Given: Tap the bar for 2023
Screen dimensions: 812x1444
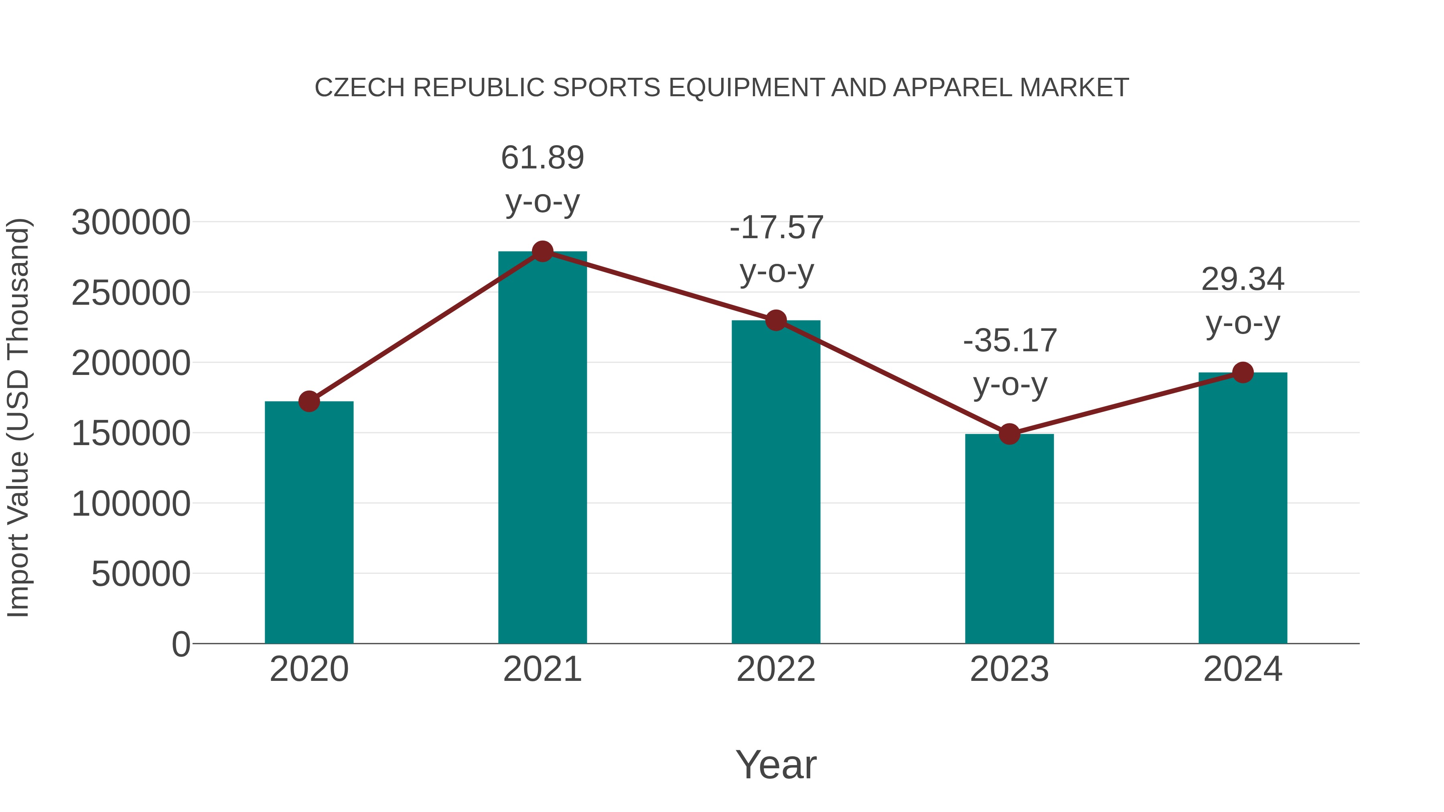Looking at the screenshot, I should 1009,539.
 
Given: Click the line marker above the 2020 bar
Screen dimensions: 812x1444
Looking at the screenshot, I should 309,401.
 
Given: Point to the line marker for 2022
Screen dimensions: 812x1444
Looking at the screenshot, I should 776,320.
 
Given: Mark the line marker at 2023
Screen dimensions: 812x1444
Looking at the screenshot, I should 1009,434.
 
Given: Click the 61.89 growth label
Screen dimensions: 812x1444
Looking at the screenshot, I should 542,158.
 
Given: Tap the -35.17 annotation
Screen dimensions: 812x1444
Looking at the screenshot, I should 1010,341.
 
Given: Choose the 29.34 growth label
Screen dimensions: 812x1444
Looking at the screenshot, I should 1243,279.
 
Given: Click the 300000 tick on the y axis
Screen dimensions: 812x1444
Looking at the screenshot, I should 131,223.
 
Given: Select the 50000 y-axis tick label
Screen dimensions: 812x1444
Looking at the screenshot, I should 141,574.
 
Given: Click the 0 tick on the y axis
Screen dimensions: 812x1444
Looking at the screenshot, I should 181,644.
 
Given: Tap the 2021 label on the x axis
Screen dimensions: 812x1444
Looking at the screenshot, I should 542,669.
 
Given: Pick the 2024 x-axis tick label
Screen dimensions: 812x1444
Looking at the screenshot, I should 1243,669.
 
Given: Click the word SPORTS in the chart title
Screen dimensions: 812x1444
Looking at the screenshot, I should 606,88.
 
